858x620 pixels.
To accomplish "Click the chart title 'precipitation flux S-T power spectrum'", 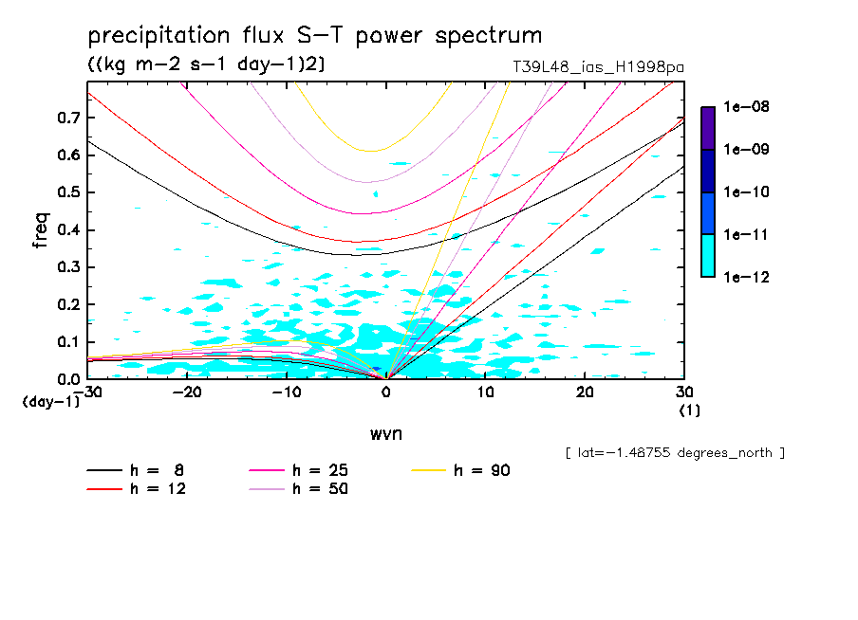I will [315, 36].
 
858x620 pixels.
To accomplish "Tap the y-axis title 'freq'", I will [41, 229].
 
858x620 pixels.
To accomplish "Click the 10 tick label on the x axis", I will [485, 392].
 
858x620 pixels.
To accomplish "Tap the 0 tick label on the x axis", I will [386, 392].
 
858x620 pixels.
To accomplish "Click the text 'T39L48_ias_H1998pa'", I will [597, 67].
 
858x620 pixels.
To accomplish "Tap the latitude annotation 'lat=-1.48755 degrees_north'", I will [674, 452].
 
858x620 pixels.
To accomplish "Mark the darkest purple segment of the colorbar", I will [708, 128].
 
